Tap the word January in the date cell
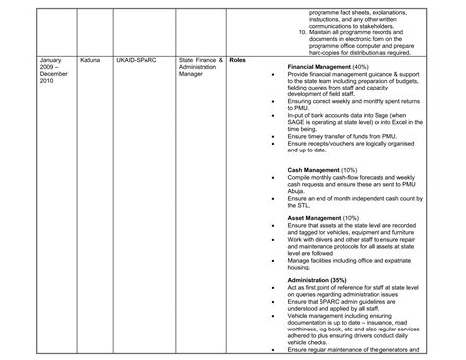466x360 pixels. pyautogui.click(x=51, y=60)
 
